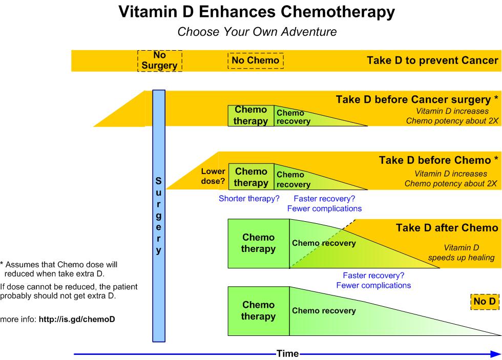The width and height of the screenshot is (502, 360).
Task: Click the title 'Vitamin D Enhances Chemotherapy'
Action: [x=257, y=12]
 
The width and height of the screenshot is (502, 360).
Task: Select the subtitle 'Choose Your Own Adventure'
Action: [x=257, y=32]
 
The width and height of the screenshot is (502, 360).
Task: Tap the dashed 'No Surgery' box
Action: [x=159, y=60]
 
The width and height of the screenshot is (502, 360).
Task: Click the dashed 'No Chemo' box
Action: [x=256, y=60]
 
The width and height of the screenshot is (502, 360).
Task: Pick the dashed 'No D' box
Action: [x=484, y=302]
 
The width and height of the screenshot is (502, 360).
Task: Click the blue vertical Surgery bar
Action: [x=159, y=215]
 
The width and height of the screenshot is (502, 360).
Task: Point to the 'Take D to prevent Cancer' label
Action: [x=432, y=60]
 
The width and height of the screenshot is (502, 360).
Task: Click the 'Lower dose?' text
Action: [x=213, y=177]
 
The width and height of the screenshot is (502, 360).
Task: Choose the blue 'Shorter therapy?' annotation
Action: [x=249, y=199]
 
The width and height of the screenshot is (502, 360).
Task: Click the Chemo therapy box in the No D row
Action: [x=258, y=311]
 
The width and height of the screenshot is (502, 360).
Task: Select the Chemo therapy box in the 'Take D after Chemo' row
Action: [x=258, y=244]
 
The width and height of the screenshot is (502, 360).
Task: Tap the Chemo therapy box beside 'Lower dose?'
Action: [x=251, y=177]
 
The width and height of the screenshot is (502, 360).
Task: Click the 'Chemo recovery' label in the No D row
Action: [x=324, y=311]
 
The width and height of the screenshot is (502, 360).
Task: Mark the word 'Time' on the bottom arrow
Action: [x=287, y=353]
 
